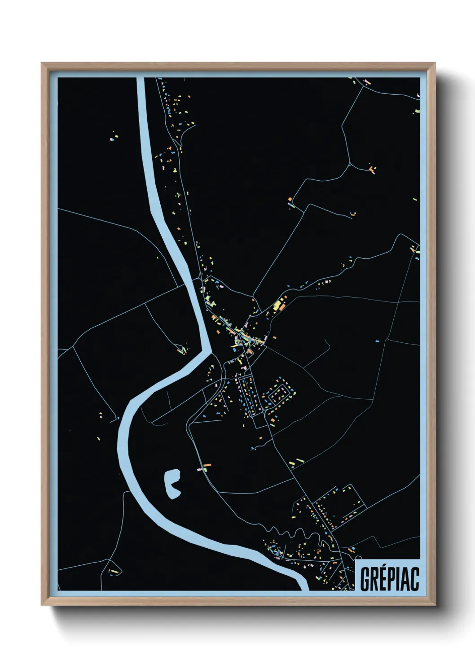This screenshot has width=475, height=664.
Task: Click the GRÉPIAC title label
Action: [389, 579]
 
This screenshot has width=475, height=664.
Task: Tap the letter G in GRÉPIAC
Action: [365, 580]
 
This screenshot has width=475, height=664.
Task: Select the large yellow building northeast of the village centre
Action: [277, 306]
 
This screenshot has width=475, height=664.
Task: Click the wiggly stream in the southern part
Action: [287, 534]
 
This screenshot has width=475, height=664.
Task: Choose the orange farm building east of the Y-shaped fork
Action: [372, 169]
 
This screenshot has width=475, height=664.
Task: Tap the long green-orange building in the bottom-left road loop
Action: [114, 572]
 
